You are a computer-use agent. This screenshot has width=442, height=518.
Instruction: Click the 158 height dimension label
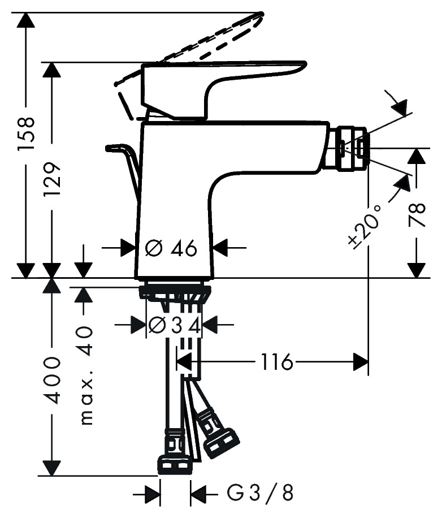[26, 136]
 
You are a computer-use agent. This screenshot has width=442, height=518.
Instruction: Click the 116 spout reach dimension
[277, 362]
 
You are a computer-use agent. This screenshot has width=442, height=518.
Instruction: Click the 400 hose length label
[53, 379]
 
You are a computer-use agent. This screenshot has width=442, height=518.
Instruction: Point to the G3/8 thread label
[261, 493]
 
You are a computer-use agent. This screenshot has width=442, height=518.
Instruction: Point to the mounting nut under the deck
[175, 292]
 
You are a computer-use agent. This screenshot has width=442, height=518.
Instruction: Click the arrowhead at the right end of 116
[361, 362]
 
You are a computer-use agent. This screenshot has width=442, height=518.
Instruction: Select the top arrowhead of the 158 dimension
[26, 20]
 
